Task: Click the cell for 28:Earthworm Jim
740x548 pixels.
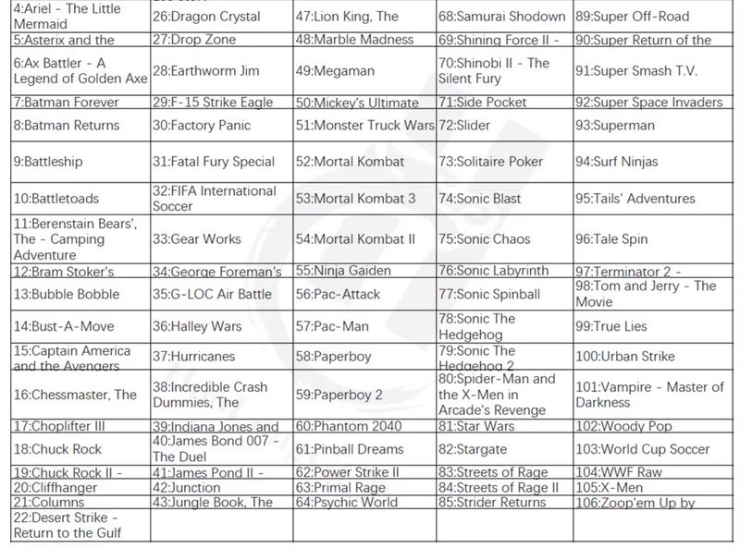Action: click(x=205, y=71)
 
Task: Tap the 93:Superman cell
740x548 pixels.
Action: click(x=614, y=125)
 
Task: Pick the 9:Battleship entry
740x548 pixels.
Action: click(x=48, y=162)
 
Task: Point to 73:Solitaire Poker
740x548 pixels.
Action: click(x=491, y=162)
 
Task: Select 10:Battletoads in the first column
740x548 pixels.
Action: click(x=55, y=199)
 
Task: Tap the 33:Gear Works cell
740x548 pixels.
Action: click(x=197, y=238)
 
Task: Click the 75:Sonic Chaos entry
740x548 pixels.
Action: click(x=485, y=238)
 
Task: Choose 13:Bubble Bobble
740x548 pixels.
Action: click(x=67, y=294)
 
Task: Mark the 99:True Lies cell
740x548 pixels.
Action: click(x=611, y=326)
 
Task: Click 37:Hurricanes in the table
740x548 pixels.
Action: click(x=194, y=356)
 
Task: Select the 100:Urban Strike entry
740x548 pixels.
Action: click(x=625, y=356)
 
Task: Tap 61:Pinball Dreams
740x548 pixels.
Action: click(x=350, y=449)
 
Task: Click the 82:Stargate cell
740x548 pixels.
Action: click(x=473, y=449)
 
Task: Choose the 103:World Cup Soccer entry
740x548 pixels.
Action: click(x=643, y=449)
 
